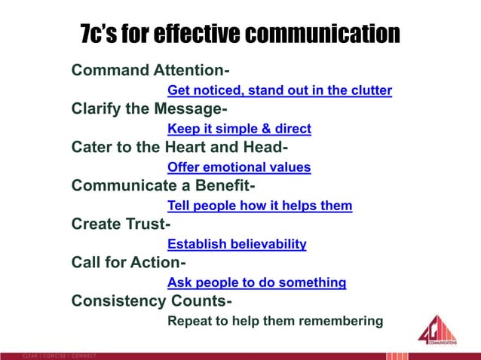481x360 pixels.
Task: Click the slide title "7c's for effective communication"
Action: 239,34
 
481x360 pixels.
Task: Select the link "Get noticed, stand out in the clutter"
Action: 279,91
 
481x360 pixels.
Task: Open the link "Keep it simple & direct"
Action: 239,129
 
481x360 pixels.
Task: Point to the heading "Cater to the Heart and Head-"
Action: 180,148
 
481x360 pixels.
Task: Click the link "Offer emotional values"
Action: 238,167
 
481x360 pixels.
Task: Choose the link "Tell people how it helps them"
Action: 259,206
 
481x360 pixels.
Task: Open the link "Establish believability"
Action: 237,244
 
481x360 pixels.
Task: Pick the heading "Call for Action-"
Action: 128,263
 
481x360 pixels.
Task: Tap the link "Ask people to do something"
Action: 256,283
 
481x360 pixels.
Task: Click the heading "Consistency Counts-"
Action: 152,301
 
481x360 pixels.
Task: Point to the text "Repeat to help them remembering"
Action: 275,322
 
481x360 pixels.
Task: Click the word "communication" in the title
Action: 322,34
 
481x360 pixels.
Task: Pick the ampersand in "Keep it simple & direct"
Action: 261,129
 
